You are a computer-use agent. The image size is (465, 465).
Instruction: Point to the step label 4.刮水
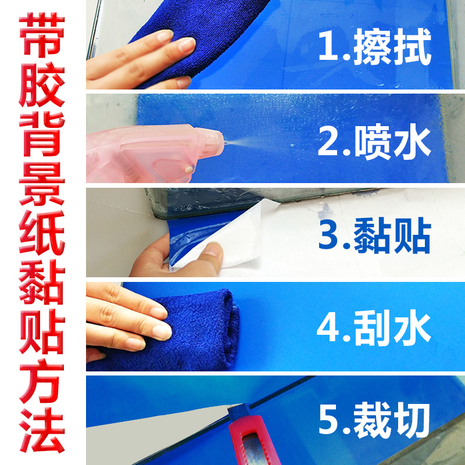tap(375, 327)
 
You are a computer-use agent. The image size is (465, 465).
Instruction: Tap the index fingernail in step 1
tap(186, 44)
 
